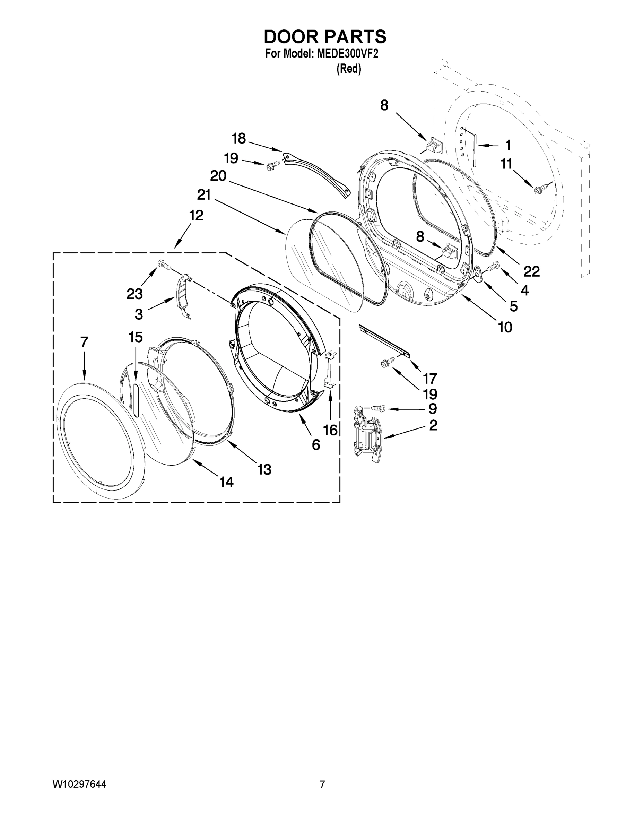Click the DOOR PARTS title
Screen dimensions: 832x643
pos(325,36)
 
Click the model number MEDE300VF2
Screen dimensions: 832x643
pos(347,54)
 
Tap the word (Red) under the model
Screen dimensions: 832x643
pos(349,69)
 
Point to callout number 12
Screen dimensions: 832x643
pos(196,216)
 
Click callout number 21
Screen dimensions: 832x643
pos(204,195)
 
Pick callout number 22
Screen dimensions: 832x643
pos(531,272)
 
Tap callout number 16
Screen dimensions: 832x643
pos(330,430)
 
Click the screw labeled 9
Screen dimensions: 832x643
pos(377,408)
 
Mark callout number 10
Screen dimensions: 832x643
pos(505,327)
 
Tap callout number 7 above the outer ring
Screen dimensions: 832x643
pos(84,342)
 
